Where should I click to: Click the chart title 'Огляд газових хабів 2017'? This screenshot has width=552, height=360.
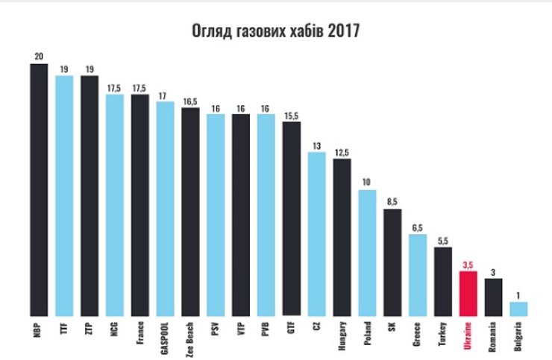click(x=276, y=32)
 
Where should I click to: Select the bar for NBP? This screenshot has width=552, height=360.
click(x=39, y=189)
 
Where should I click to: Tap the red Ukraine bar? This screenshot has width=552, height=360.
click(x=468, y=293)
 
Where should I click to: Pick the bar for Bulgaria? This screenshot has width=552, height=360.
click(x=518, y=308)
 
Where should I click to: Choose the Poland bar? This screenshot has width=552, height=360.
click(x=367, y=253)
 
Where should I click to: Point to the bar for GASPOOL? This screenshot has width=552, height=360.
click(x=165, y=209)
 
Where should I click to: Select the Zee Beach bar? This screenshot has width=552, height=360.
click(x=190, y=212)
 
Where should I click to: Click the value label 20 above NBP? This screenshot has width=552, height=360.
click(x=39, y=57)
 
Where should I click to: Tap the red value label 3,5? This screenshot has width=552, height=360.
click(x=468, y=265)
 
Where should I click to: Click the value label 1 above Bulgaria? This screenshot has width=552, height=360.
click(x=518, y=295)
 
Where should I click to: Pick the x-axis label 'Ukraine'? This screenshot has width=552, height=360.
click(x=468, y=335)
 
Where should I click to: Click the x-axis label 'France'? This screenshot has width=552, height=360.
click(x=140, y=334)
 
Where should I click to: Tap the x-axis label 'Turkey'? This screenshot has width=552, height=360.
click(x=443, y=335)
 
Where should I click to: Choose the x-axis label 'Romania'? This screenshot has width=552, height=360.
click(x=494, y=336)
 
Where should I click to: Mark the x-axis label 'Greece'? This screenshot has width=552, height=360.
click(x=418, y=335)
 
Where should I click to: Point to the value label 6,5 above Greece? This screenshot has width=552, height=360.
click(x=418, y=227)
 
